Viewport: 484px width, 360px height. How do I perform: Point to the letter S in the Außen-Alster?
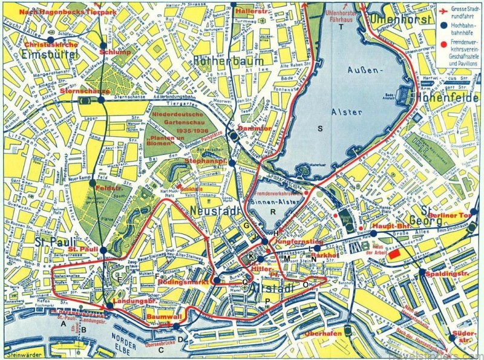tap(321, 127)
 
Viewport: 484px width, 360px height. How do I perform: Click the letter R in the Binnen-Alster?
tap(273, 211)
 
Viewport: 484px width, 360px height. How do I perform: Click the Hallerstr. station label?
tap(235, 11)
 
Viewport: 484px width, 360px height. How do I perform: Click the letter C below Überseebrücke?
tap(160, 350)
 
